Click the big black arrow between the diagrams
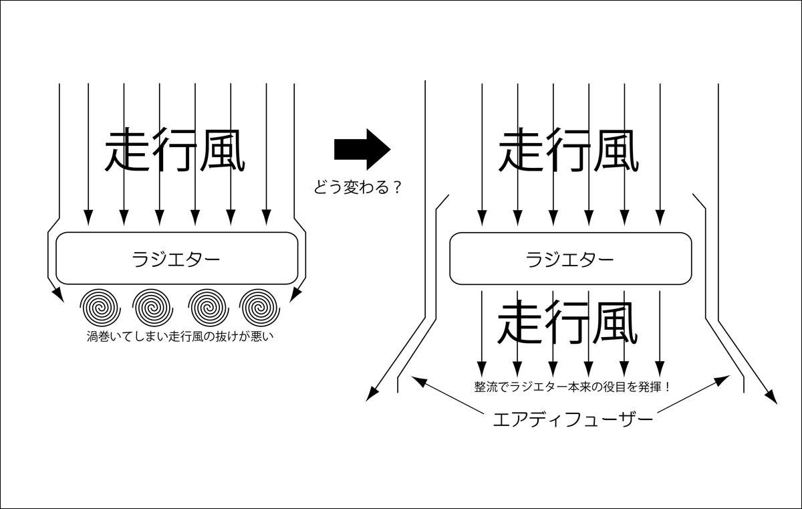pyautogui.click(x=361, y=149)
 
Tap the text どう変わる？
pyautogui.click(x=358, y=188)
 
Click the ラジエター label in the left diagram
pyautogui.click(x=176, y=258)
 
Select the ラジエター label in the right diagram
pyautogui.click(x=570, y=259)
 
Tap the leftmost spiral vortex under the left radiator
pyautogui.click(x=100, y=306)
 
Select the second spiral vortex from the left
pyautogui.click(x=154, y=306)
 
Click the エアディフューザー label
pyautogui.click(x=571, y=421)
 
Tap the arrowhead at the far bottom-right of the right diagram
pyautogui.click(x=772, y=398)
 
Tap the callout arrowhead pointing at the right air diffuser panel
pyautogui.click(x=724, y=379)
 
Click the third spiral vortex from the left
pyautogui.click(x=208, y=306)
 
